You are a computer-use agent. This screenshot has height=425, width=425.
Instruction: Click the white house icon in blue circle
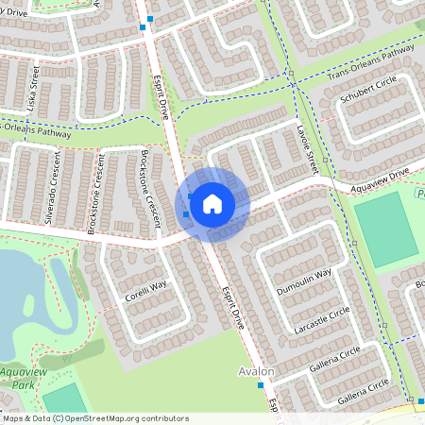(x=212, y=203)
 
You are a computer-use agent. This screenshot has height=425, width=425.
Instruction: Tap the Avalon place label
(x=256, y=371)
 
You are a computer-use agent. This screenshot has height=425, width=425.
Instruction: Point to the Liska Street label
(x=30, y=84)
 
